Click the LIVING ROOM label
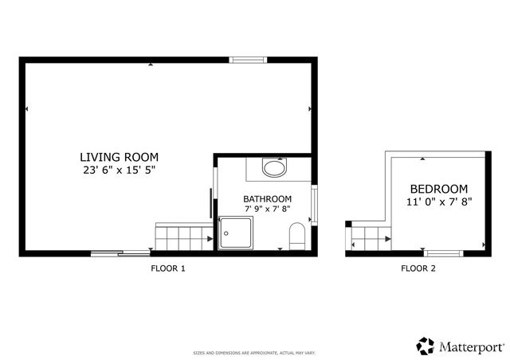pos(119,157)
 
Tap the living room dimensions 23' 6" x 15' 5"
pos(119,170)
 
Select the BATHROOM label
pos(267,199)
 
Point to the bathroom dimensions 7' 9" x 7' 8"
pos(267,209)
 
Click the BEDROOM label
pos(439,190)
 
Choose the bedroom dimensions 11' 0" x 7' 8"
pos(439,202)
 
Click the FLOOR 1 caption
pos(168,268)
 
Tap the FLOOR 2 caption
pos(418,268)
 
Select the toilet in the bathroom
pos(296,235)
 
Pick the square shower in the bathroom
pos(237,233)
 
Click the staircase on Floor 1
pos(183,237)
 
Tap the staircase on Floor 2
pos(369,235)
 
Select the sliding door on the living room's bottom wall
pos(120,253)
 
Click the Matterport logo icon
pos(425,346)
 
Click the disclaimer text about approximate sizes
pos(254,351)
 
